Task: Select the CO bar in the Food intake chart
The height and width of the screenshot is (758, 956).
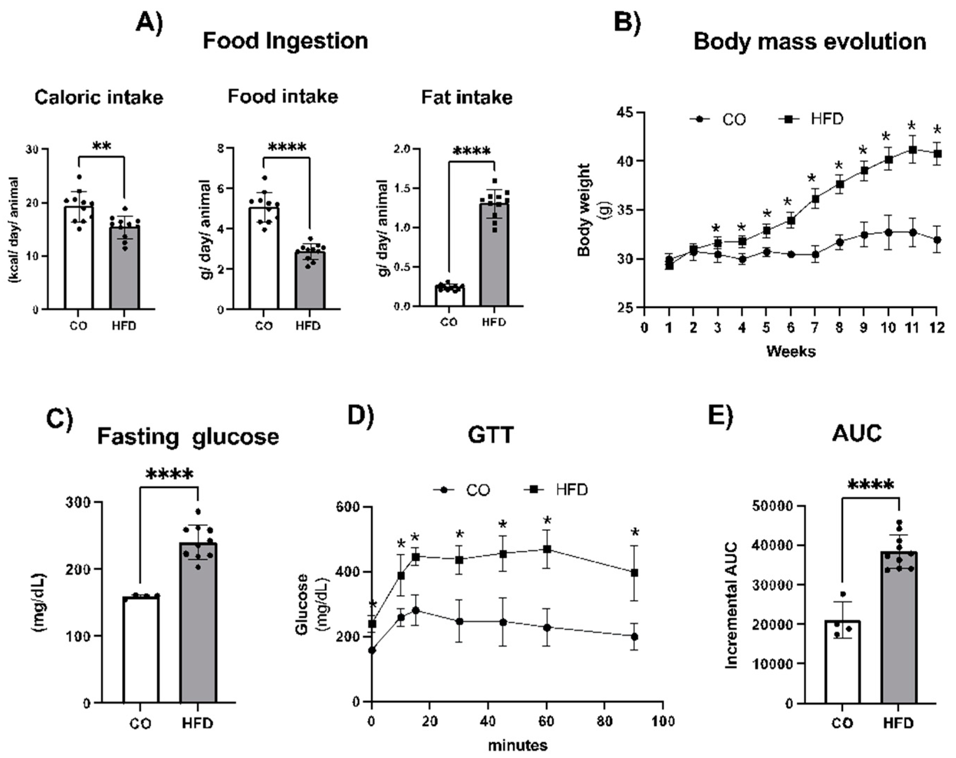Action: pyautogui.click(x=264, y=258)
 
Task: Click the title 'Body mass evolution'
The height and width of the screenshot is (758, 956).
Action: pyautogui.click(x=810, y=42)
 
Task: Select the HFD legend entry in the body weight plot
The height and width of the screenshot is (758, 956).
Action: pyautogui.click(x=811, y=119)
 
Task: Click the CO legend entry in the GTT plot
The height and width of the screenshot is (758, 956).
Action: pyautogui.click(x=462, y=490)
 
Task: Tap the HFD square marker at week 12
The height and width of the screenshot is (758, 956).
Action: pyautogui.click(x=936, y=153)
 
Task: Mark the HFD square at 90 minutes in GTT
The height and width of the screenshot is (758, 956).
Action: pyautogui.click(x=634, y=573)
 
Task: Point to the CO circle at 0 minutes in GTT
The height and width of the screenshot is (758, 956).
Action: pyautogui.click(x=372, y=651)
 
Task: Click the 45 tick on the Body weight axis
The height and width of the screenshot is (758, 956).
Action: pyautogui.click(x=626, y=112)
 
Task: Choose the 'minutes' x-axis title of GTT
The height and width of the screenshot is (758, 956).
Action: pyautogui.click(x=517, y=745)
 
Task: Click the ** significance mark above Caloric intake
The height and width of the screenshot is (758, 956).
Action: pyautogui.click(x=101, y=147)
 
